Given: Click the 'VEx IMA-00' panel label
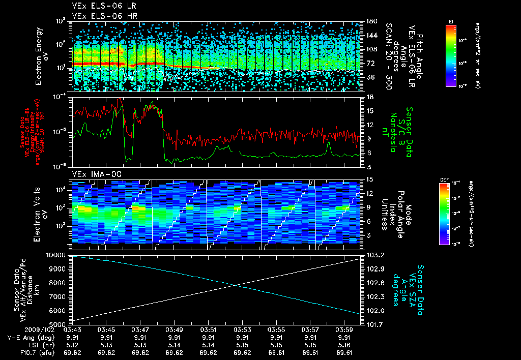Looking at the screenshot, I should (x=90, y=174).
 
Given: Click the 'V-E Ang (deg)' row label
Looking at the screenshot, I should (x=28, y=337).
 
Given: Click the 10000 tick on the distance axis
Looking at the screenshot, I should (x=57, y=255).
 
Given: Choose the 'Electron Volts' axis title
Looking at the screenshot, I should (x=39, y=212).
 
